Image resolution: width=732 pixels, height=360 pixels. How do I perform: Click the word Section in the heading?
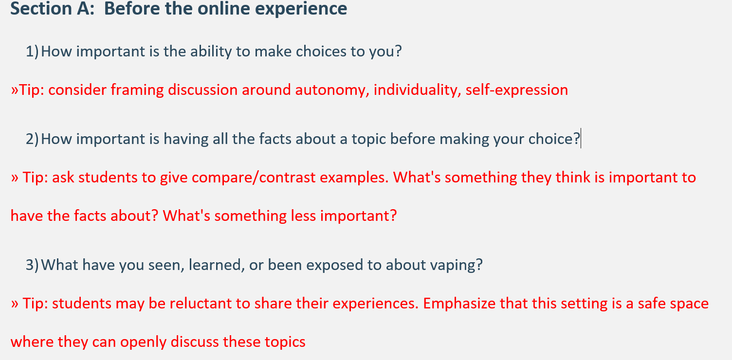41,8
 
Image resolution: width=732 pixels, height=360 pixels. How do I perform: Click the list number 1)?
32,52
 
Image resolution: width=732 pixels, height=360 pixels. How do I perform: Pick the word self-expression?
517,90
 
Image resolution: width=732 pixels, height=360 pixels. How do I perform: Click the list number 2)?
32,139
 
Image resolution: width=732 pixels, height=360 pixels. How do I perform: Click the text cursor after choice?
581,139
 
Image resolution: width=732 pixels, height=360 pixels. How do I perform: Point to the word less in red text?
303,216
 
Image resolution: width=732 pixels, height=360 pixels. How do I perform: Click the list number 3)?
32,265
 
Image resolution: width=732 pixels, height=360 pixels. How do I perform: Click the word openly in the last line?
144,342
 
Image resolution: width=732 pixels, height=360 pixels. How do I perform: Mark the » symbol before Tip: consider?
15,90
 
